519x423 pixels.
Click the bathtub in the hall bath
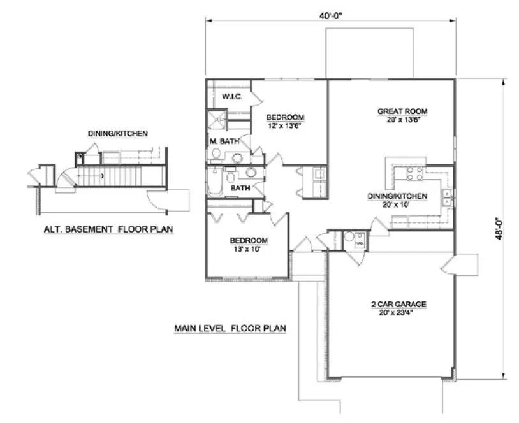214,182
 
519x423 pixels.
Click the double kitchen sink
448,197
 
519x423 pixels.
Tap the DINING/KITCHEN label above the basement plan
118,134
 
